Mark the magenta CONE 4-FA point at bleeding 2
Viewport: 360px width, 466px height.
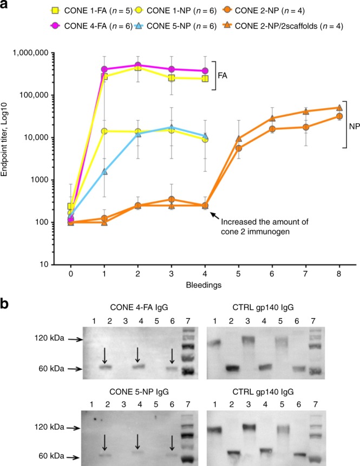(x=138, y=65)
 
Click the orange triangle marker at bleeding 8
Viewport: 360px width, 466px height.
(x=339, y=108)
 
